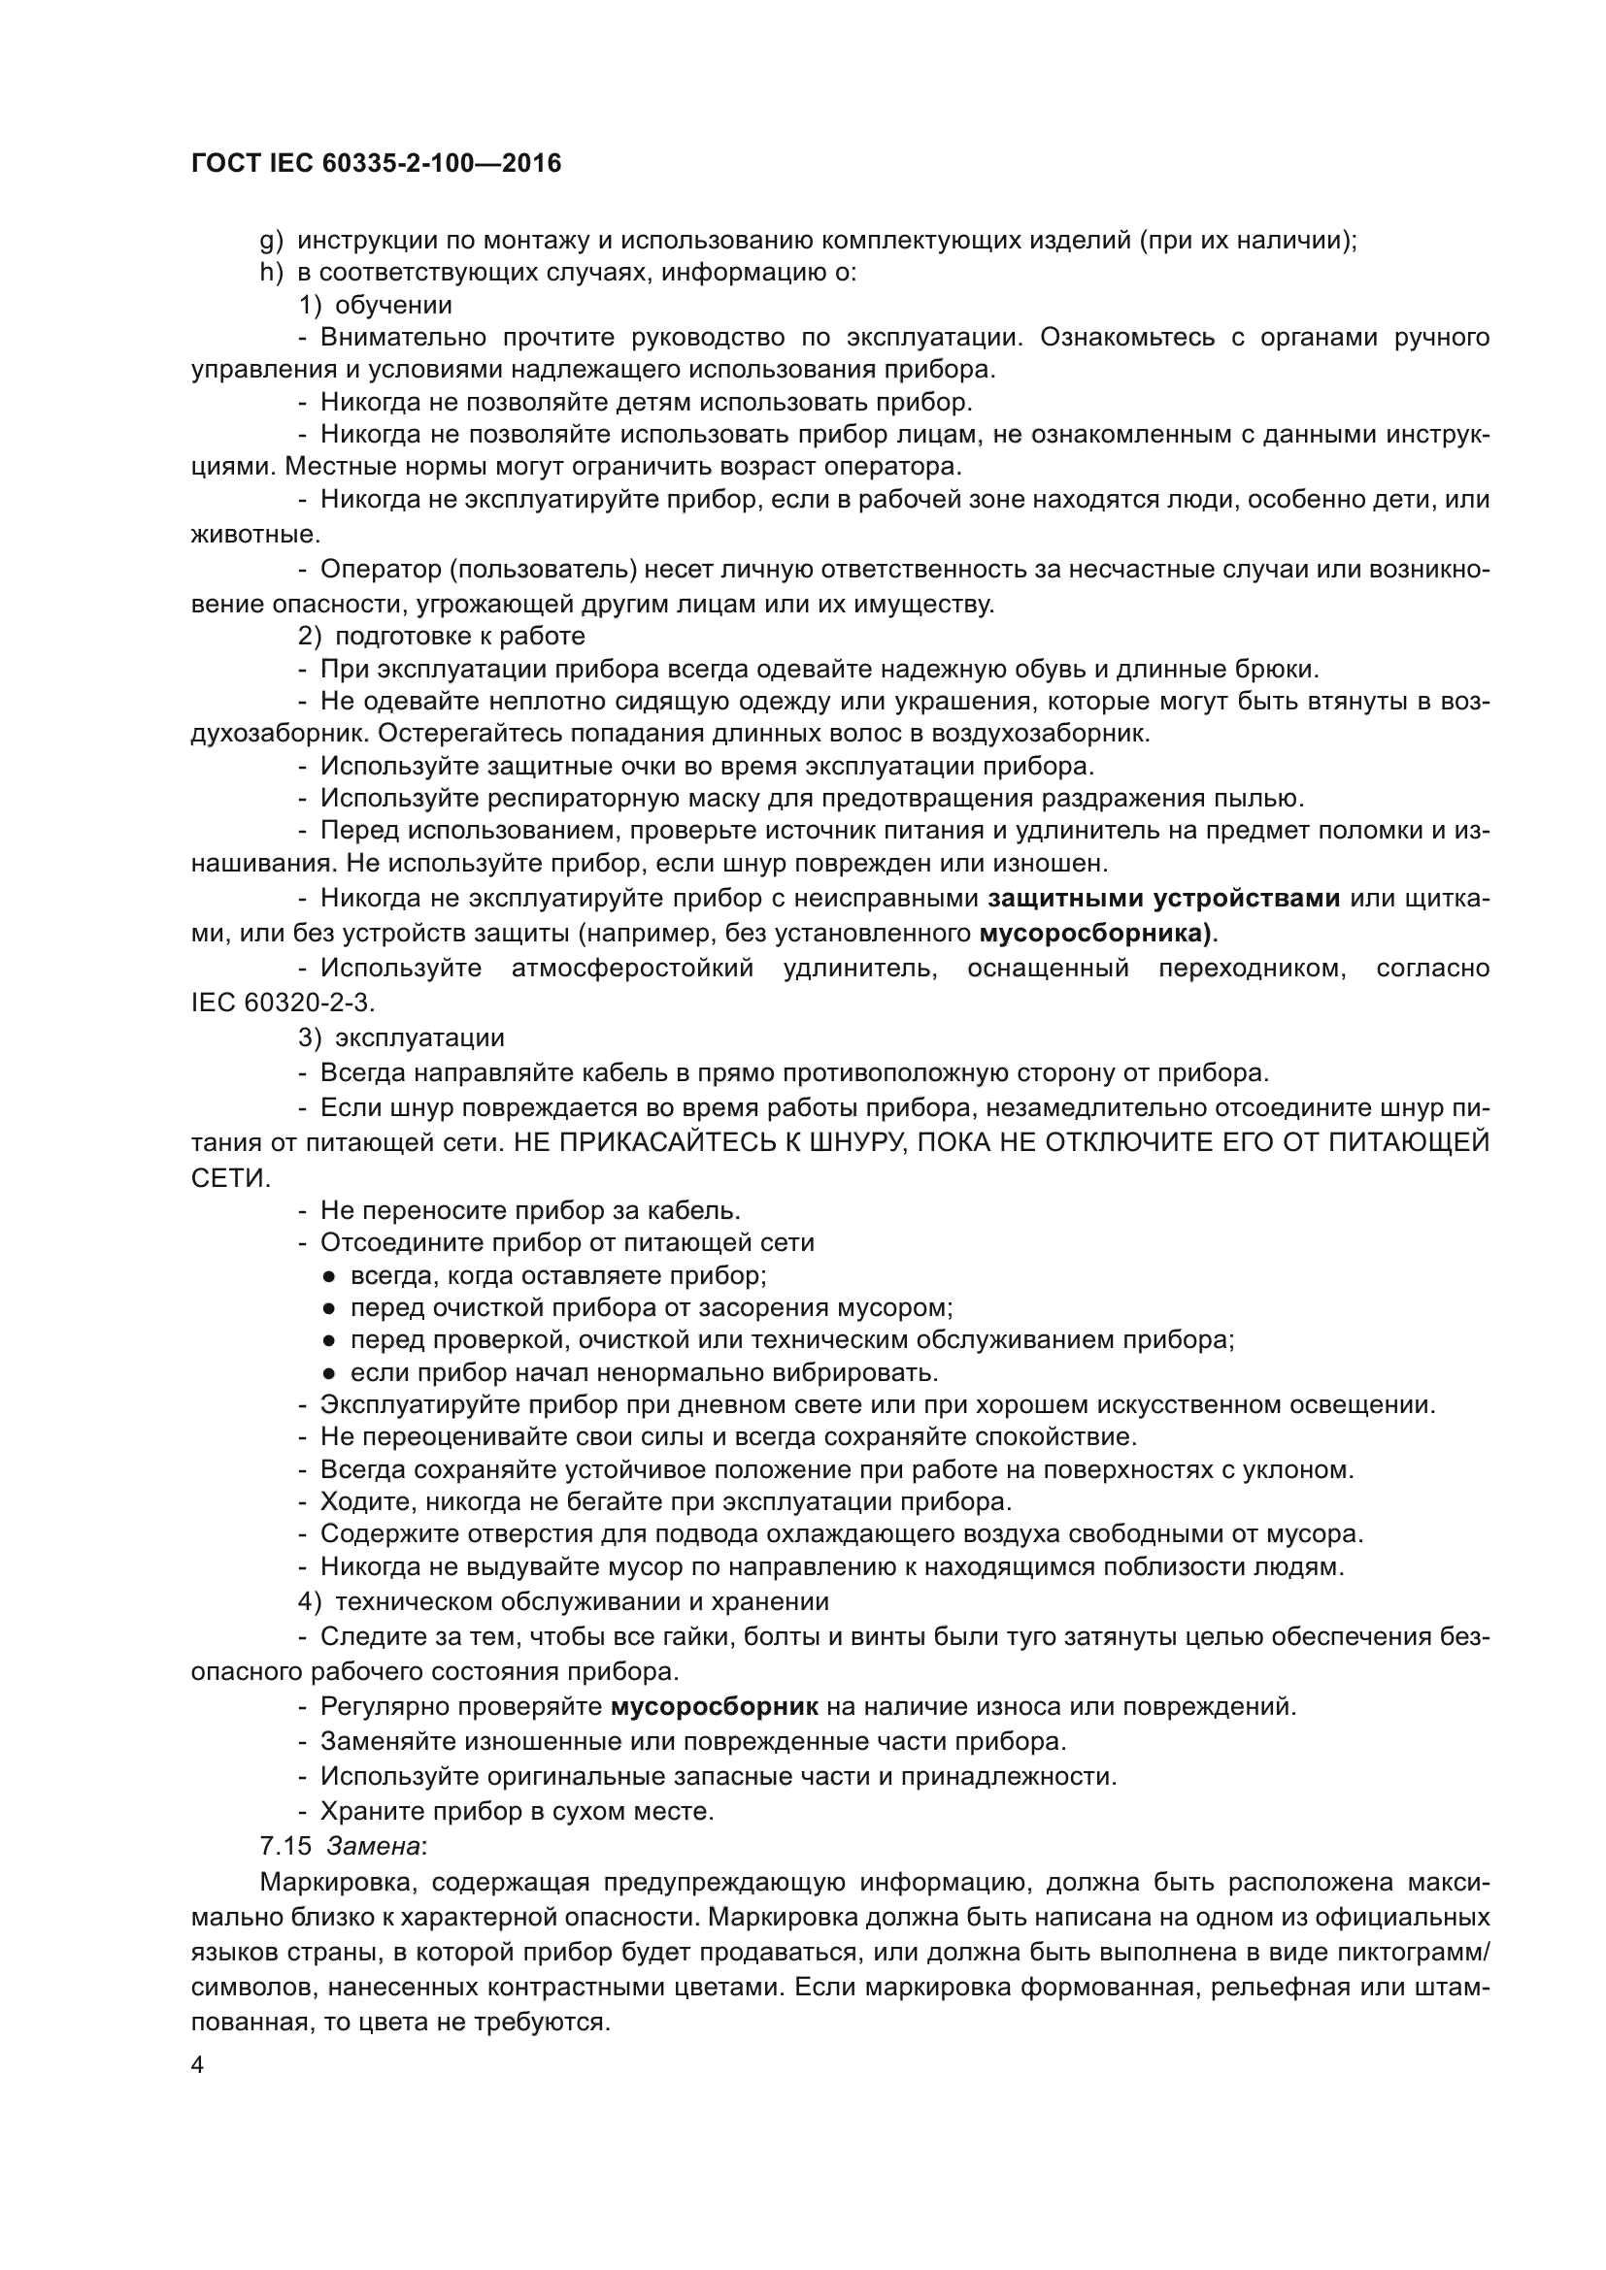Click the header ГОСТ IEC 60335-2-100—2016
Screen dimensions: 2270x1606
pos(376,163)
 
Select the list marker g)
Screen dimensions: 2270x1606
pos(271,241)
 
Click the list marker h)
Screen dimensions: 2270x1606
pos(271,273)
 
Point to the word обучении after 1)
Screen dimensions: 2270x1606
pos(393,306)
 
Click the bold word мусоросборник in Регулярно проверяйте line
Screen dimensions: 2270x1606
pos(714,1705)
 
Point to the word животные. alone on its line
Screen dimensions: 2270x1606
pos(255,535)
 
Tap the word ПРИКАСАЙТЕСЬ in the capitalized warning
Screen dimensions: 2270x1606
pos(678,1142)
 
